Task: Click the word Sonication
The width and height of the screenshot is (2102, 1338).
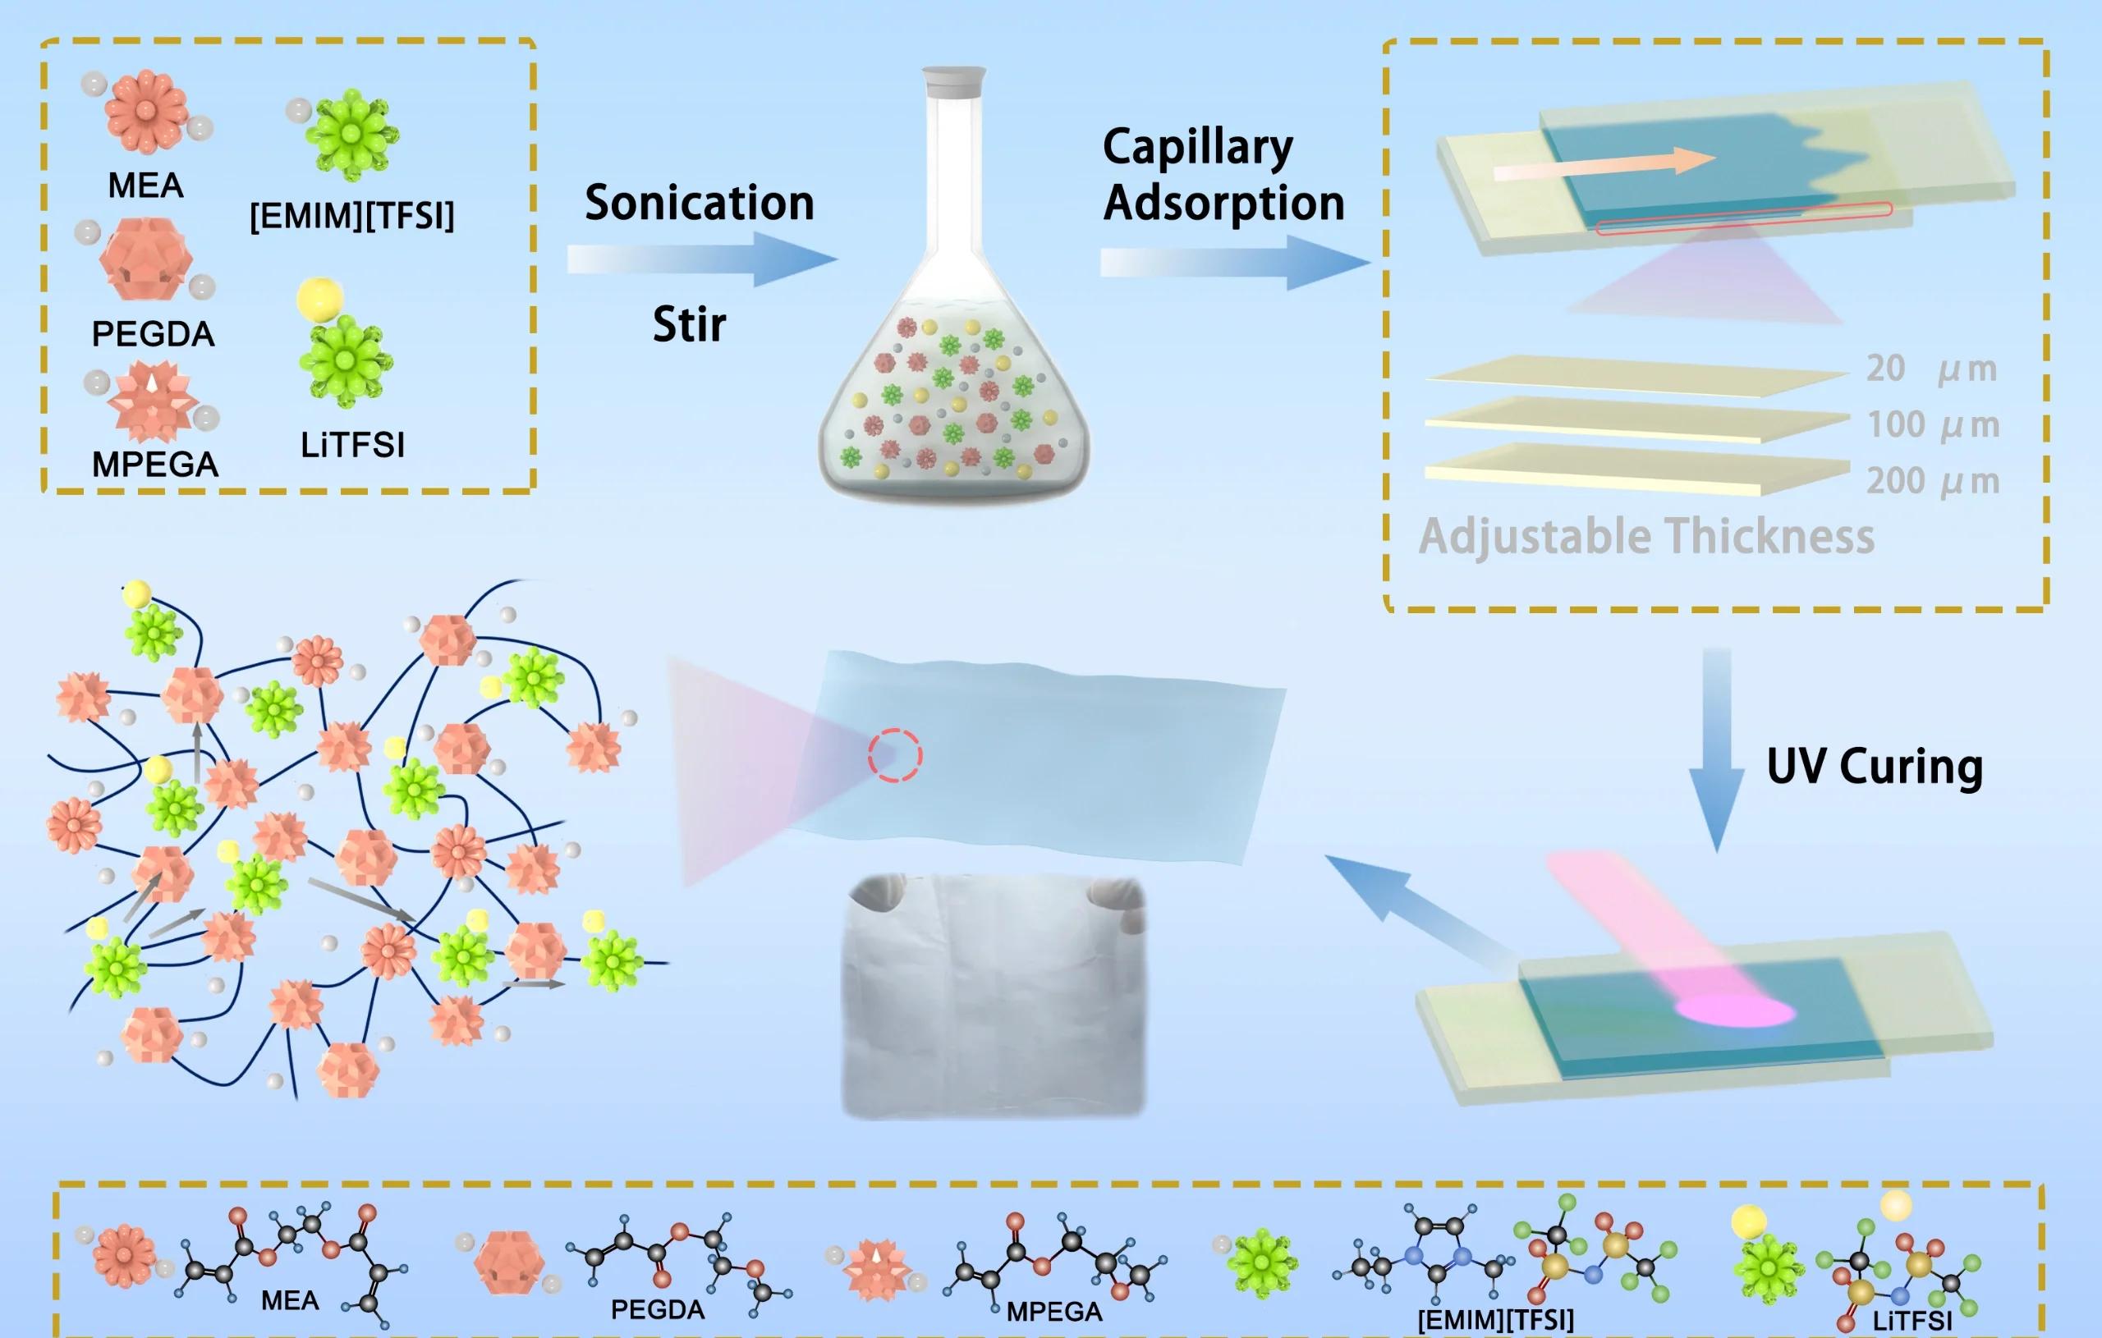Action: click(700, 203)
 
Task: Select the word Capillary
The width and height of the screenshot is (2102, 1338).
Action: click(1198, 149)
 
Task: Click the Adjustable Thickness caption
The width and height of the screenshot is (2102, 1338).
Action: click(1646, 537)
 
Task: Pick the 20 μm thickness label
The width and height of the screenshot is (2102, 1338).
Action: click(1931, 369)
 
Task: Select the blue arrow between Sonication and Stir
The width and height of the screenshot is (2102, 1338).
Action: click(703, 259)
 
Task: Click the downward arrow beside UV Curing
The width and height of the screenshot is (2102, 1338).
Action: click(1717, 749)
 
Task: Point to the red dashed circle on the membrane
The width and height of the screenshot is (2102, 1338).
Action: click(895, 755)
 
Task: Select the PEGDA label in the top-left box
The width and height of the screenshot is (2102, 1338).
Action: click(153, 334)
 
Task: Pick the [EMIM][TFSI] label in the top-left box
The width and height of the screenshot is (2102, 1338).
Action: click(351, 216)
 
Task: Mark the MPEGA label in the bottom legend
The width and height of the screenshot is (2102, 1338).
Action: click(1054, 1312)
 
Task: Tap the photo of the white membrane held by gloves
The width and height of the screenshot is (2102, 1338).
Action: click(993, 996)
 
